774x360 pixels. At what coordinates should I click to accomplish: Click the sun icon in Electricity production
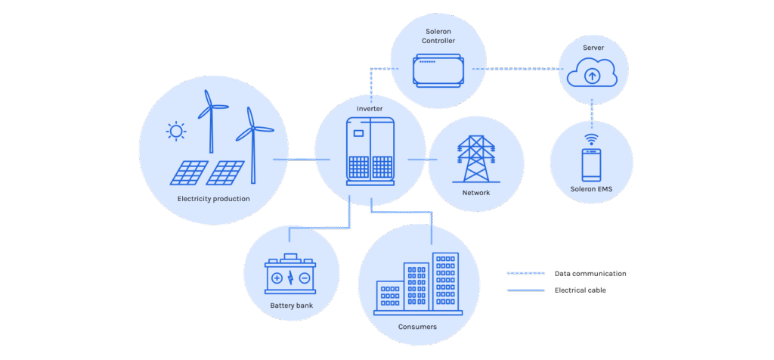176,132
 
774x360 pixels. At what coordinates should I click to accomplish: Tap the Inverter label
370,109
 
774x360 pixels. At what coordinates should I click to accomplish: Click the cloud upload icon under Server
593,76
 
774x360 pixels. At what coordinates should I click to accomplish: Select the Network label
476,193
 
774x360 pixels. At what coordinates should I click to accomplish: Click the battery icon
290,275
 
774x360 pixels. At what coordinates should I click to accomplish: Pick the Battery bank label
290,306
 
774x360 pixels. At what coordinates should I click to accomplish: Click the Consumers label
416,327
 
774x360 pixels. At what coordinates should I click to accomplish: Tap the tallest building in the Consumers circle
445,284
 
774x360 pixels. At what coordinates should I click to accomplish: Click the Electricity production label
213,199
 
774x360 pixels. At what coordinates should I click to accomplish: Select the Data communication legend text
590,273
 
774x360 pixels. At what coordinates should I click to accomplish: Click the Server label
593,48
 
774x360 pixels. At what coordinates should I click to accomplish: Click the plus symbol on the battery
277,278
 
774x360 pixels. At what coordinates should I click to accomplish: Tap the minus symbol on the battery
304,278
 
